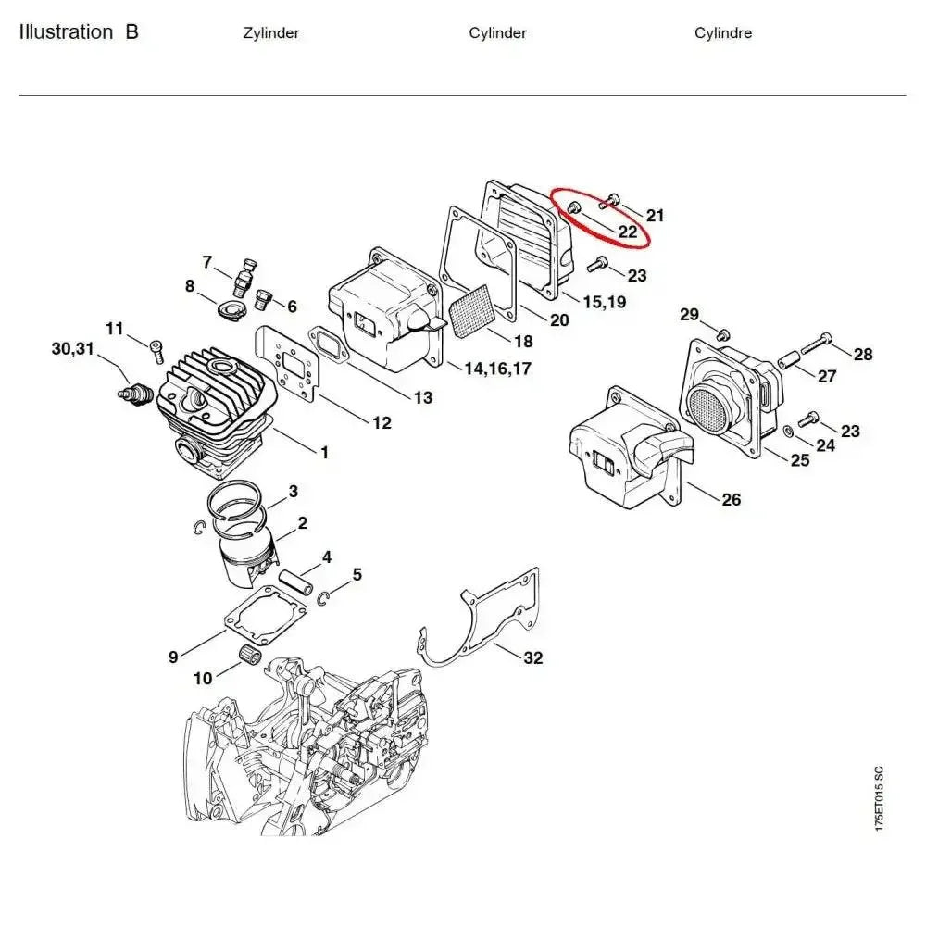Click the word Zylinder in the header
point(270,33)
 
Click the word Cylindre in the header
point(723,33)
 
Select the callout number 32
point(532,658)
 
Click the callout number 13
point(422,398)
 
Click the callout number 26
point(731,500)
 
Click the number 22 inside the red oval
point(628,231)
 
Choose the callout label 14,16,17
point(498,369)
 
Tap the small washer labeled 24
point(786,431)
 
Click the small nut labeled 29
point(725,332)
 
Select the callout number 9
point(173,657)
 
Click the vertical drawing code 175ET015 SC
point(878,797)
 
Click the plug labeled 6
point(261,298)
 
